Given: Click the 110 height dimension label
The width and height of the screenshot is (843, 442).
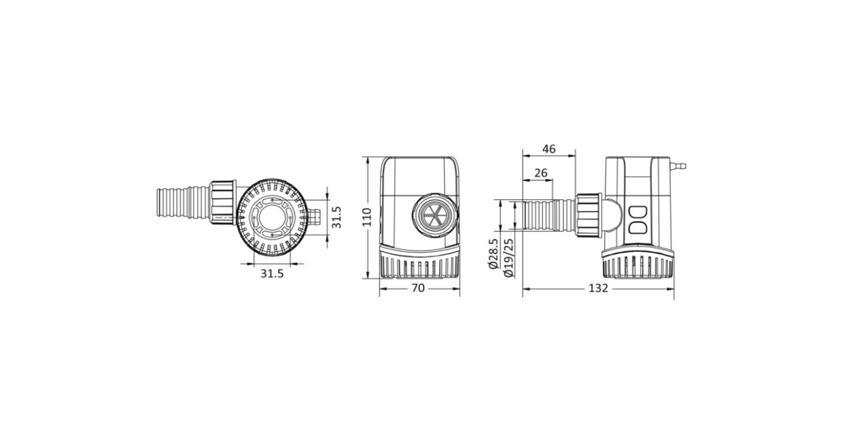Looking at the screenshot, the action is (x=367, y=217).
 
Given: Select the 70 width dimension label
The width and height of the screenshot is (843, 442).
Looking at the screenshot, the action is (x=418, y=288).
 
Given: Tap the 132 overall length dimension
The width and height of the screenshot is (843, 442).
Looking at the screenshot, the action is (x=598, y=288).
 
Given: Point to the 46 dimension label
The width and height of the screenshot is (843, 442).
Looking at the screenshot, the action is (x=549, y=149).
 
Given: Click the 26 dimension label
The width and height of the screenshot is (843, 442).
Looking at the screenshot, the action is (x=541, y=173).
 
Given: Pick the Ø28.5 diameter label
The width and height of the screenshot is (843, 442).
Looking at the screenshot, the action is (x=493, y=254).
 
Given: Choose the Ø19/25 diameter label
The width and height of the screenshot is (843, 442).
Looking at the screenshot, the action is (x=508, y=258).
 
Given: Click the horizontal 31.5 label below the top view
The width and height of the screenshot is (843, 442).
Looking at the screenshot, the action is (x=272, y=274).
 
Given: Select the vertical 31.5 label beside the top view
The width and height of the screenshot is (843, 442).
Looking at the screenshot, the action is (x=336, y=217).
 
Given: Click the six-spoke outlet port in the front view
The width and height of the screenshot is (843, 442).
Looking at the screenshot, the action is (x=435, y=216).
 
